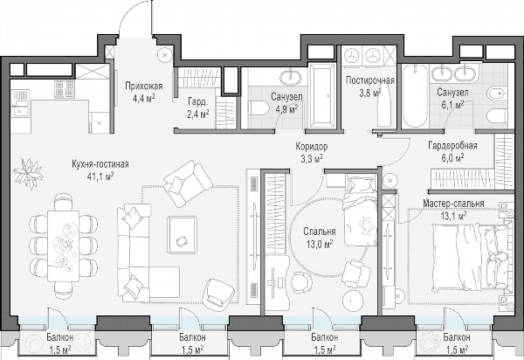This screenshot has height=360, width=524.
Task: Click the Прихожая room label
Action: coord(144,87)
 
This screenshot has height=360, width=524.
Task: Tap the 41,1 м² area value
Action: coord(100,176)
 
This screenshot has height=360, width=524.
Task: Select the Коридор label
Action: coord(312,147)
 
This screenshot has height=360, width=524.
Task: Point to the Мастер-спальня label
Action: coord(453,204)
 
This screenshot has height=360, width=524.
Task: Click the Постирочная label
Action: coord(370,80)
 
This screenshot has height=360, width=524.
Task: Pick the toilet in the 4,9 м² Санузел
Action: coord(259,108)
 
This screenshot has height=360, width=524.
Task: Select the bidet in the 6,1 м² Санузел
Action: coord(498,93)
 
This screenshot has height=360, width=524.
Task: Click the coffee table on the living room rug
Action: coord(183,235)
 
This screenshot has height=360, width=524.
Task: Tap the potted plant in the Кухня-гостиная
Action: coord(29,173)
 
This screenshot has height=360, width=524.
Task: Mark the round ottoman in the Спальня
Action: coord(354,299)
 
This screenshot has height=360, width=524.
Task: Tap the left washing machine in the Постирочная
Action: coord(352,55)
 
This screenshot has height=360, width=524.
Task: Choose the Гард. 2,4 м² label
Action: coord(198,108)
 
